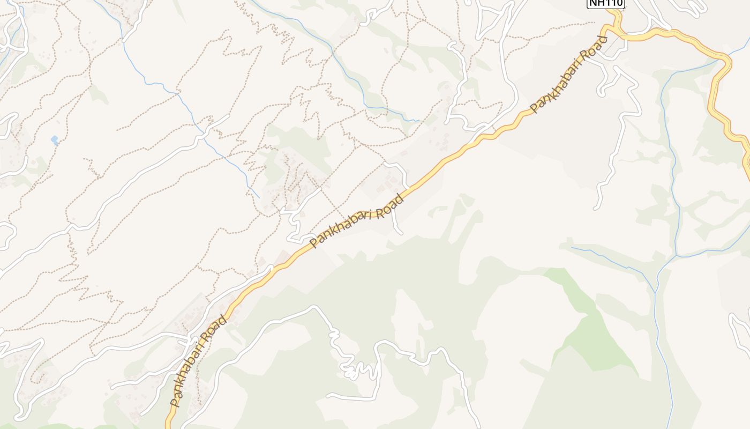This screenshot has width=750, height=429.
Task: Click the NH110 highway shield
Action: pyautogui.click(x=606, y=3)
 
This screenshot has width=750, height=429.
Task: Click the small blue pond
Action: pyautogui.click(x=55, y=140)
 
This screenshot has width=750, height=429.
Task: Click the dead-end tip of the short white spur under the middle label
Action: pyautogui.click(x=401, y=233)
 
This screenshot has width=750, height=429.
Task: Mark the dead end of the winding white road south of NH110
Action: pyautogui.click(x=596, y=208)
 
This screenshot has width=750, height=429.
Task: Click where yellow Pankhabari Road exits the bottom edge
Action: pyautogui.click(x=168, y=426)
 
